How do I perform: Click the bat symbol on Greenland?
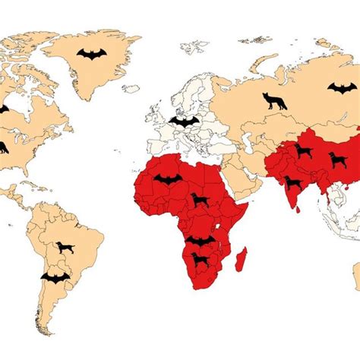(92, 54)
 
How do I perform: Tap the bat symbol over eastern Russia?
(342, 87)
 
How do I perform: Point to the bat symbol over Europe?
(184, 120)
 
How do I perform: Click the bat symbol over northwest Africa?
(169, 179)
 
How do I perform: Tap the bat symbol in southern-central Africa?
(201, 241)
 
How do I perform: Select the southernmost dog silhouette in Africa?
(201, 261)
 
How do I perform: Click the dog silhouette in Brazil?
(65, 248)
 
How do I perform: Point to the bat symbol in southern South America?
(55, 277)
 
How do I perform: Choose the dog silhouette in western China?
(304, 151)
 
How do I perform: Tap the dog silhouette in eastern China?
(338, 159)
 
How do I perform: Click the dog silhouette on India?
(293, 183)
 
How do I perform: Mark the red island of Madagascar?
(242, 259)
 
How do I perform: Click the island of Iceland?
(131, 89)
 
